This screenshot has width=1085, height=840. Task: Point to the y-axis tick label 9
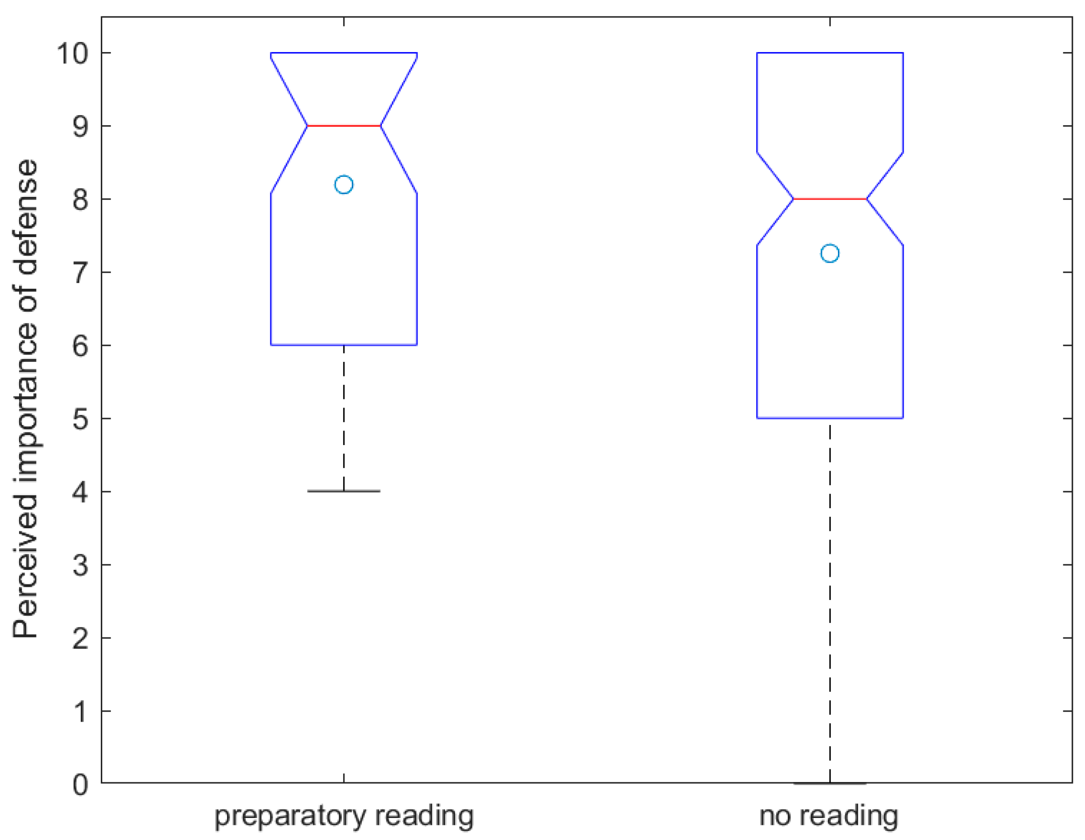point(80,126)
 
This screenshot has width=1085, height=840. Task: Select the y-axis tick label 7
point(80,273)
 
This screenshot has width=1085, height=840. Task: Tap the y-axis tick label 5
point(80,419)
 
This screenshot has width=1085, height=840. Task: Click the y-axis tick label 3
point(80,565)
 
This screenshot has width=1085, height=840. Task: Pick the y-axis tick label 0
point(80,785)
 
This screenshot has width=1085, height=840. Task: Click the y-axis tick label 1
point(80,712)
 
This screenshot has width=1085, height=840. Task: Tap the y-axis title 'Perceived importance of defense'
point(25,398)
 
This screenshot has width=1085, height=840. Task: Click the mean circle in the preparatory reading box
point(344,184)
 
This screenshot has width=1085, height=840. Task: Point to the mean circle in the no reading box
point(830,253)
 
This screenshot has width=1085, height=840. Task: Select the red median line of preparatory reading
point(344,126)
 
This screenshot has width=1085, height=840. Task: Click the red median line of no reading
point(830,199)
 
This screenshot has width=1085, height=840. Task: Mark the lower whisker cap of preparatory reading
point(344,491)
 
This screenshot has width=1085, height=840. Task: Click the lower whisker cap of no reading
point(830,783)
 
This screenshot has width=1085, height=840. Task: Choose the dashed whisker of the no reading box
point(830,601)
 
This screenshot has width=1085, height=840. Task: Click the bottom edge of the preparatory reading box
point(344,345)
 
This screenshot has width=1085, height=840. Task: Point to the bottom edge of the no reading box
point(830,418)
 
